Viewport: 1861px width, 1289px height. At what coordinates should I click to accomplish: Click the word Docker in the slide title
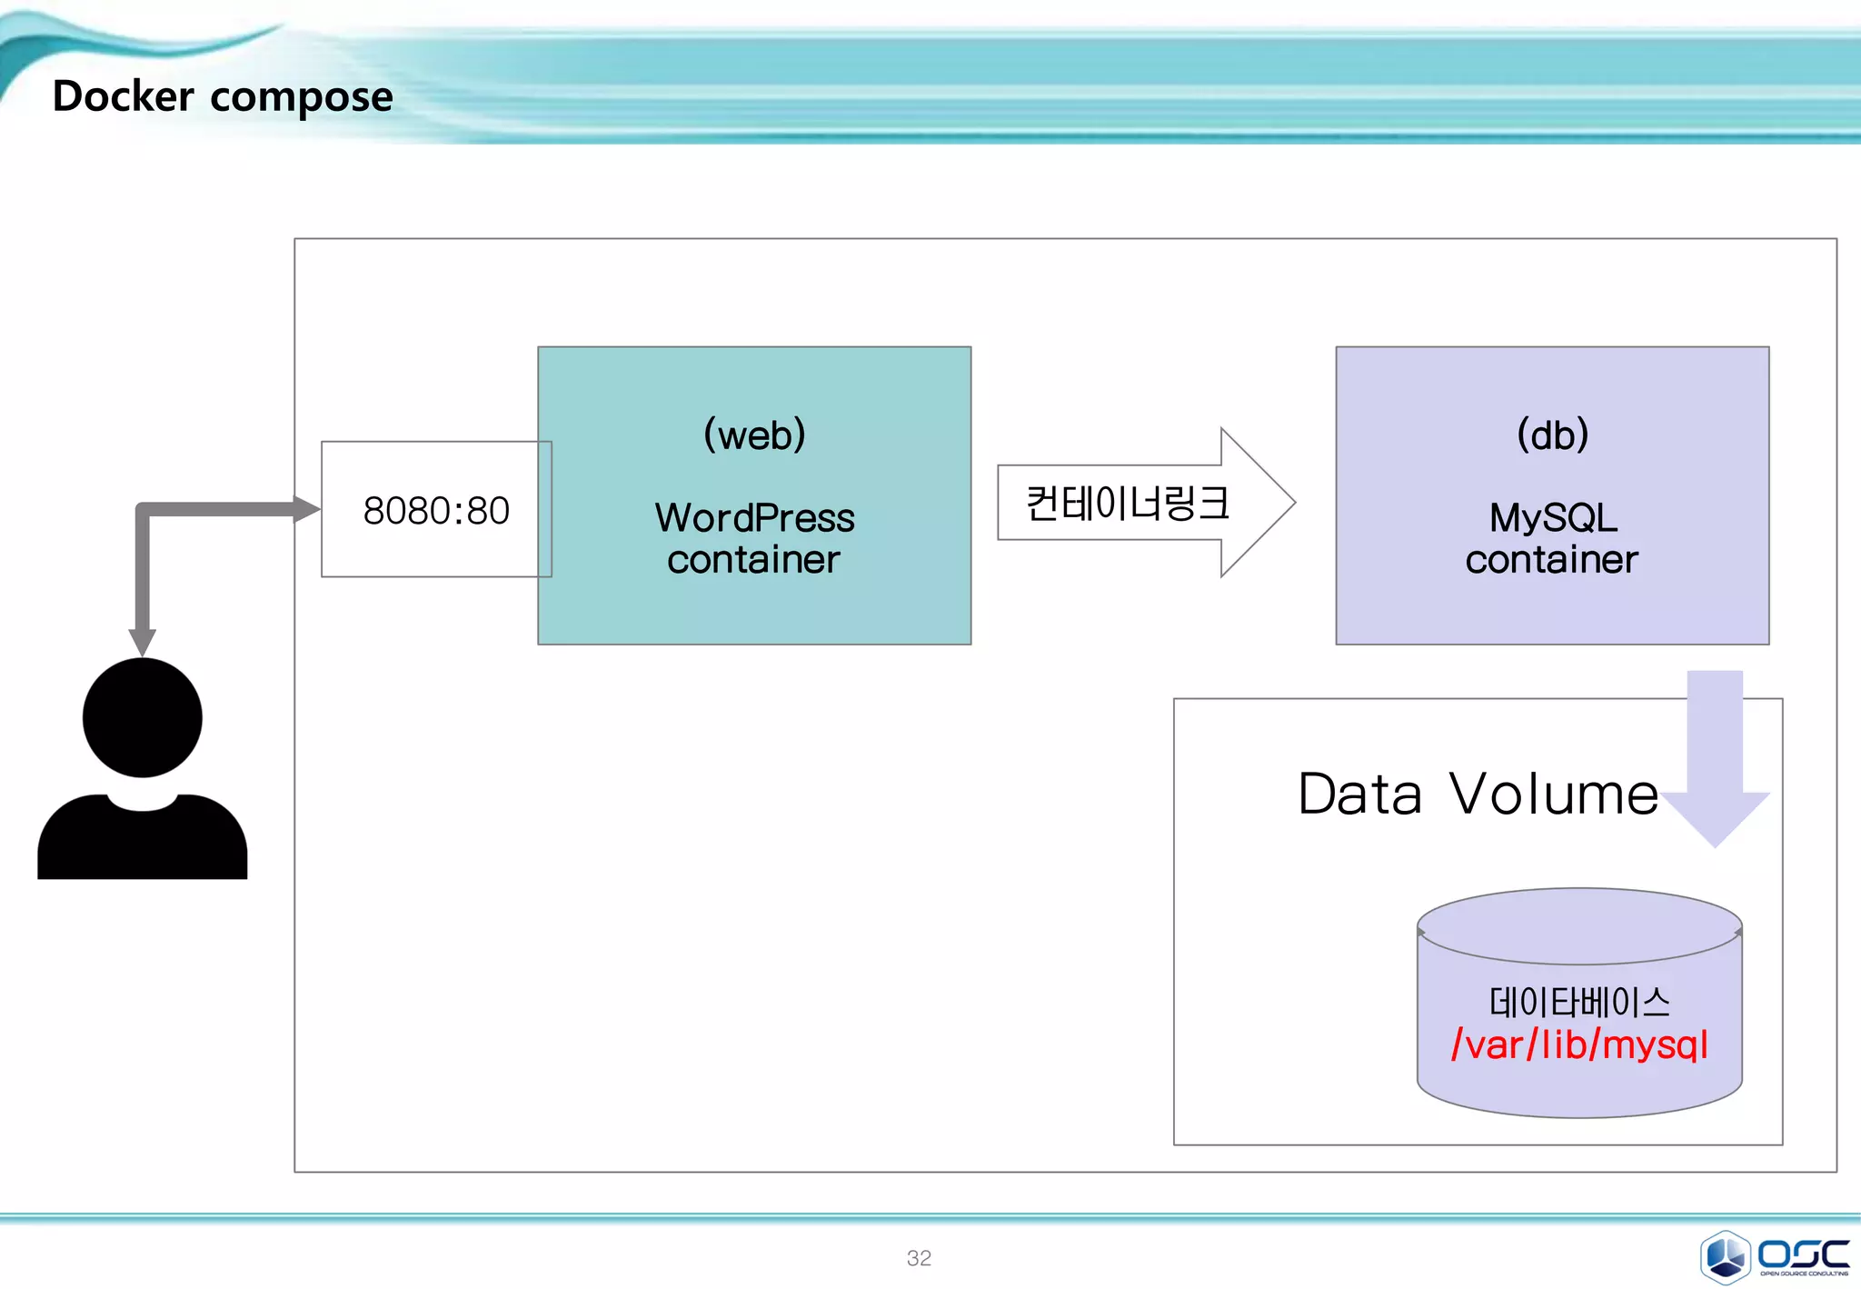(x=123, y=96)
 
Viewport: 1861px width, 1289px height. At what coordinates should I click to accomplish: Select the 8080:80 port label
(x=436, y=511)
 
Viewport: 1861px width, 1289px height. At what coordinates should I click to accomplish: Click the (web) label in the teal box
(x=754, y=435)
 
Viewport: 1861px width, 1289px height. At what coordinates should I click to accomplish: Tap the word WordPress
(x=754, y=518)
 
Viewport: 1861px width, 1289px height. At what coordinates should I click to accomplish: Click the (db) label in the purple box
(x=1552, y=435)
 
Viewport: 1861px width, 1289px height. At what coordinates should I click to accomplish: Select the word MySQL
(x=1552, y=518)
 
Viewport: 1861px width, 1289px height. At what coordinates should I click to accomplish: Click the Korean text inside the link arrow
(x=1127, y=504)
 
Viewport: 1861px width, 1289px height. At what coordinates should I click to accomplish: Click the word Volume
(x=1553, y=794)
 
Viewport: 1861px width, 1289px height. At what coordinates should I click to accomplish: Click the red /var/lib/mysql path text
(x=1579, y=1045)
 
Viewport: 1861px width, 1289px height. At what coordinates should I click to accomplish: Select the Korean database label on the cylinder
(x=1579, y=1003)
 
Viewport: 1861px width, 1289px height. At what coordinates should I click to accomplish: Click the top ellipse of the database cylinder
(x=1579, y=925)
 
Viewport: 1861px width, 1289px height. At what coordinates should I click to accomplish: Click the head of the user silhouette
(x=143, y=718)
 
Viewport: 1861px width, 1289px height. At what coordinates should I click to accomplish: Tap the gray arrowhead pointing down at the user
(x=143, y=642)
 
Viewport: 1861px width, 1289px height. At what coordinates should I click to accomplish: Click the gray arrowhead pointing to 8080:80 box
(x=307, y=509)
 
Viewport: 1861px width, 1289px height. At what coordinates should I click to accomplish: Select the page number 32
(x=919, y=1258)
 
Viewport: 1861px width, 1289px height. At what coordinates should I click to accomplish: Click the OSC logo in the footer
(x=1775, y=1257)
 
